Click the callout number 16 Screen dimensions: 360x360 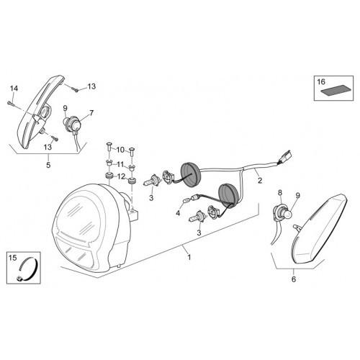click(321, 82)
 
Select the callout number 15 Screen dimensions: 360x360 click(13, 258)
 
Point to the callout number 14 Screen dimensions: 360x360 click(14, 89)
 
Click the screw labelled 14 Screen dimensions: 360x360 click(11, 104)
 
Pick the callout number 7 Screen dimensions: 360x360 click(91, 113)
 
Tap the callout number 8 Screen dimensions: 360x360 click(280, 192)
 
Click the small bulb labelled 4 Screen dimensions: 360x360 click(186, 199)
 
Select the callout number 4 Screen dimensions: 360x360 click(178, 213)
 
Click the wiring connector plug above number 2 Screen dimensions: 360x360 click(284, 157)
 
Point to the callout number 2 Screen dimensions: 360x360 click(260, 180)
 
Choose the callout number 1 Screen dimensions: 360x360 click(189, 257)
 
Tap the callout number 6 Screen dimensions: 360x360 click(294, 279)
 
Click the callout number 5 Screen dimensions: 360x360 click(48, 165)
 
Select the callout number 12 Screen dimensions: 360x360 click(122, 176)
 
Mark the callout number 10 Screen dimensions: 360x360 click(121, 150)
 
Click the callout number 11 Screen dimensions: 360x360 click(121, 164)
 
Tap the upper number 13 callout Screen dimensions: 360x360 click(91, 86)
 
